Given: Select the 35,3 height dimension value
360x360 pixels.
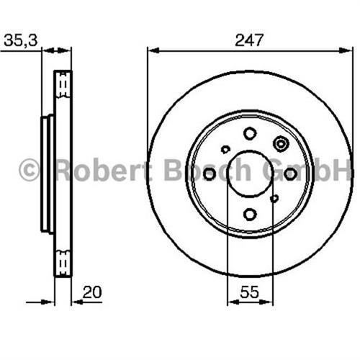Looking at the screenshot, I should (x=21, y=40).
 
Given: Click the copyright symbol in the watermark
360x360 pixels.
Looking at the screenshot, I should (x=29, y=171).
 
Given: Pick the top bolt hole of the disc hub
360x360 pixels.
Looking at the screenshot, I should (x=250, y=133).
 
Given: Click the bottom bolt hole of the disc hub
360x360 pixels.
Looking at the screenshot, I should (x=250, y=214).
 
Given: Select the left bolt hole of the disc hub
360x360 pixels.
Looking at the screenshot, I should (x=210, y=174).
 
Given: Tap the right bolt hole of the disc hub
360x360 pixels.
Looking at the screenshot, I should (x=290, y=174).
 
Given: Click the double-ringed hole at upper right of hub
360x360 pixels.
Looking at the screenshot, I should (x=280, y=143).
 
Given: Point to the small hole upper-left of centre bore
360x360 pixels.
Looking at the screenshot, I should (x=225, y=150).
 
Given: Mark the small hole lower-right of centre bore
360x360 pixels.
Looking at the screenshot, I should (x=274, y=198).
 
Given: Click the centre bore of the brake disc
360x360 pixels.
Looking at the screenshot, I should (x=250, y=174).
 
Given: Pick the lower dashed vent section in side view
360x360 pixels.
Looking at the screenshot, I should (x=64, y=261).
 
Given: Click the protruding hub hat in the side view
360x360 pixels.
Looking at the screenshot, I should (x=47, y=174).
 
